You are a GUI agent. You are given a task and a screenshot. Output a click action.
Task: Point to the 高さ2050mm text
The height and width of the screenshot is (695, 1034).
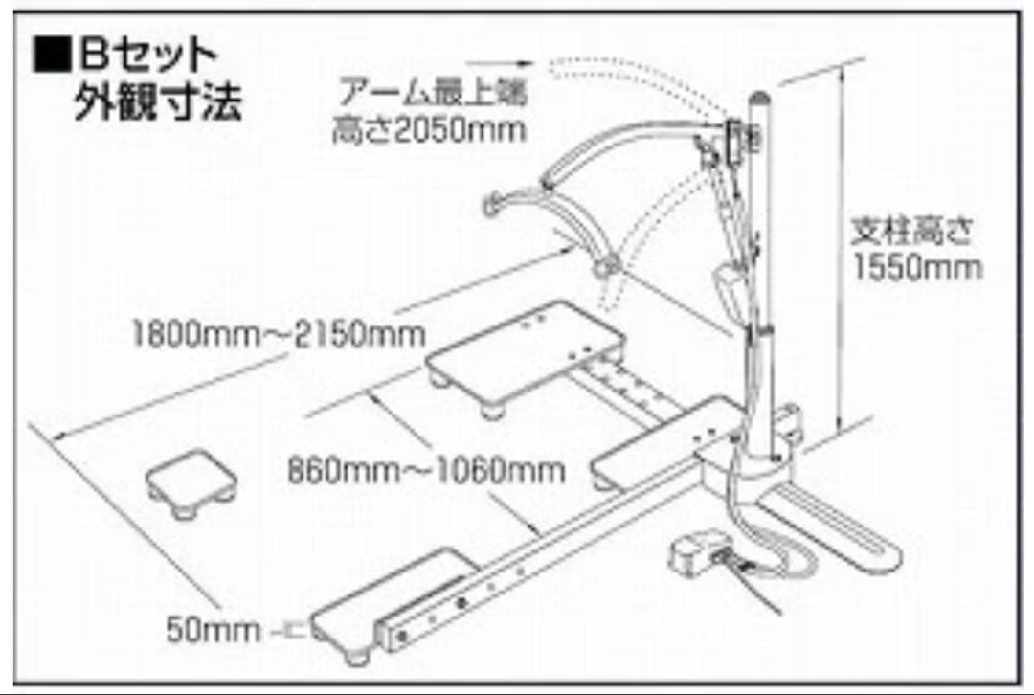tap(429, 130)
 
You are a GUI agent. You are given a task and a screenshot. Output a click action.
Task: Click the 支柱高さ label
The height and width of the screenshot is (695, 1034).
tap(913, 231)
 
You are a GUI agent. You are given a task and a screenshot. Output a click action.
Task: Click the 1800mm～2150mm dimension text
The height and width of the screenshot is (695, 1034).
tap(279, 335)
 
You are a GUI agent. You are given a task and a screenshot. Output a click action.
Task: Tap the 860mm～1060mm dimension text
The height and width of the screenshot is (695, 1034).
tap(426, 470)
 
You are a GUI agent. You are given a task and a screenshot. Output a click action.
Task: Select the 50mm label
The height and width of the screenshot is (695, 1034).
tap(213, 629)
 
